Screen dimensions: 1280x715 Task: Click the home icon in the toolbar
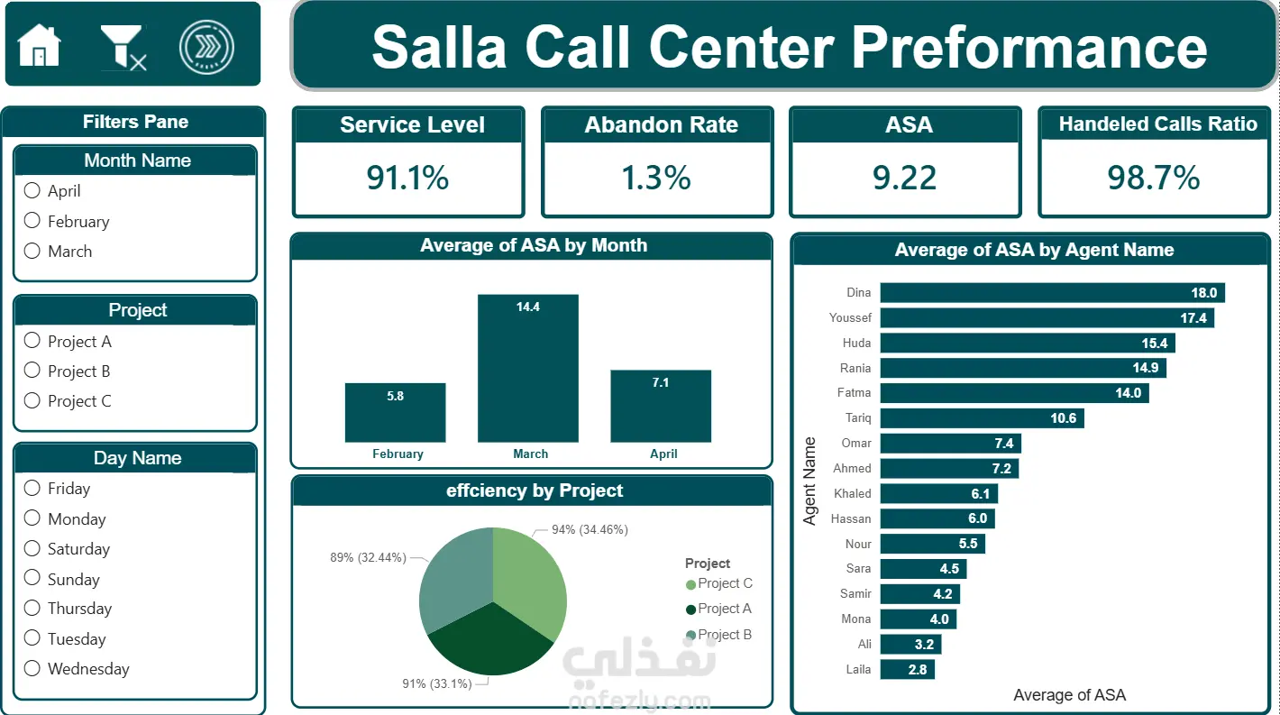click(x=39, y=46)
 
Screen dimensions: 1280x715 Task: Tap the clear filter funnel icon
click(x=123, y=48)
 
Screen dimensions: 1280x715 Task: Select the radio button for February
click(x=32, y=221)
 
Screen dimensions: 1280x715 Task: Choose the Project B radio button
click(x=32, y=371)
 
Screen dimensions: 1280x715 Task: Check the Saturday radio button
click(x=32, y=548)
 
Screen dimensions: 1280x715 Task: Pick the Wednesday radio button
click(x=32, y=668)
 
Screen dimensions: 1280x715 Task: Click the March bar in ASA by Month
click(x=528, y=368)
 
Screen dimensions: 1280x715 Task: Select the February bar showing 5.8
click(x=396, y=412)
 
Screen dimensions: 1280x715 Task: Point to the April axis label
click(x=663, y=454)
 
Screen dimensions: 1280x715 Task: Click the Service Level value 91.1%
click(x=407, y=178)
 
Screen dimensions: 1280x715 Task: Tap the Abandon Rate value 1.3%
click(x=656, y=178)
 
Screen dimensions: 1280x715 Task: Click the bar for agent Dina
click(x=1052, y=293)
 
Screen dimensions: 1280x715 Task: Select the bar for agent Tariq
click(x=982, y=417)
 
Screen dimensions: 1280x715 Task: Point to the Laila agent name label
click(x=858, y=669)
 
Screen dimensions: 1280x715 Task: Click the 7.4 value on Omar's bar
click(x=1004, y=443)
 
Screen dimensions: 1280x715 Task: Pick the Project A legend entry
click(x=718, y=609)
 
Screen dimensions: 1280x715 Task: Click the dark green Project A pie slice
click(x=490, y=640)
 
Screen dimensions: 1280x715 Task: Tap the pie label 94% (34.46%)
click(x=590, y=530)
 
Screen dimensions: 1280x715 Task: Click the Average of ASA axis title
click(x=1069, y=695)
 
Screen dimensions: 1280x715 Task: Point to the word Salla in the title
click(x=439, y=48)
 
